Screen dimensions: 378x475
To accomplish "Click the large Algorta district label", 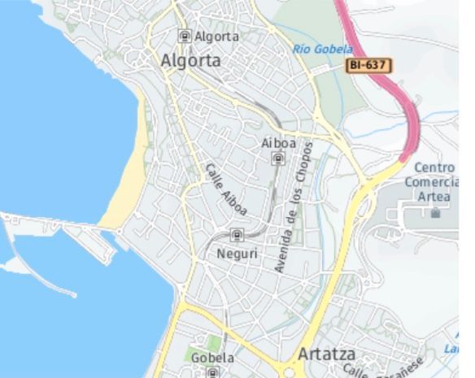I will click(x=190, y=61).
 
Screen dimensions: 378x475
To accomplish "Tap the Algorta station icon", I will click(x=185, y=36).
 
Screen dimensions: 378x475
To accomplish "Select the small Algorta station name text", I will click(x=217, y=37).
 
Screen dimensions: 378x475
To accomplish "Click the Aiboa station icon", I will click(x=277, y=159).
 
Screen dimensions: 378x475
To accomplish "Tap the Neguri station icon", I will click(x=237, y=237).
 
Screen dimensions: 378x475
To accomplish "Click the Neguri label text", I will click(x=237, y=254).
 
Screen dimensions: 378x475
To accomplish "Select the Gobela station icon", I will click(x=212, y=372).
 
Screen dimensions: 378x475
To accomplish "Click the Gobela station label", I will click(x=212, y=358).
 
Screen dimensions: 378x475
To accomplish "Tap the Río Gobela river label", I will click(x=323, y=50).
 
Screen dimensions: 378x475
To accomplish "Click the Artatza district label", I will click(x=328, y=354).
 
